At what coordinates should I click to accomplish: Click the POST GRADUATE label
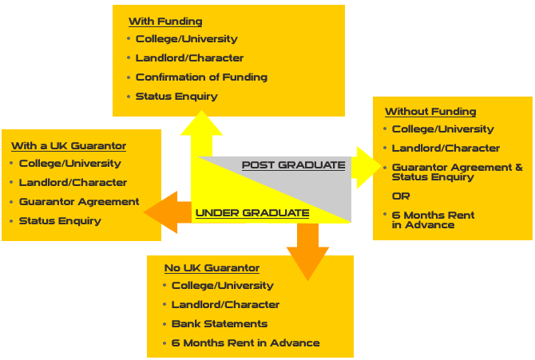click(x=293, y=165)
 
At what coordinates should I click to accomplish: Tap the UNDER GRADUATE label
click(x=252, y=213)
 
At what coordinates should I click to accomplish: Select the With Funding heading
click(x=165, y=22)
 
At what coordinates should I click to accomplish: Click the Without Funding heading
click(x=430, y=112)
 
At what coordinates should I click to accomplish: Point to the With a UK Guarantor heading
click(x=69, y=146)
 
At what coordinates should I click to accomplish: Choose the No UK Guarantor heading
click(x=212, y=268)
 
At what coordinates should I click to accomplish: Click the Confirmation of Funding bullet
click(x=201, y=77)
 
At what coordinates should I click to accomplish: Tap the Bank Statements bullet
click(x=220, y=324)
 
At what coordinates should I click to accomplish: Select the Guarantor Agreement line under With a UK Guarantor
click(x=79, y=202)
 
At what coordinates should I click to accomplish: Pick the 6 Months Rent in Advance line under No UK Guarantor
click(x=245, y=343)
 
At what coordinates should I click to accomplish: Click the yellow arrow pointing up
click(x=207, y=133)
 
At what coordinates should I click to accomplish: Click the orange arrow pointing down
click(x=307, y=251)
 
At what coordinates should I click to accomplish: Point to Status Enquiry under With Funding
click(x=176, y=97)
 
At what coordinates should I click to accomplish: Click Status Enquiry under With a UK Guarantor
click(x=60, y=221)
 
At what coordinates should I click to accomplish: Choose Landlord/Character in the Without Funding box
click(x=446, y=148)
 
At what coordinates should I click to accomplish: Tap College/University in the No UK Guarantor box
click(x=222, y=286)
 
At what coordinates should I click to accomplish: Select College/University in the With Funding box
click(x=186, y=39)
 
